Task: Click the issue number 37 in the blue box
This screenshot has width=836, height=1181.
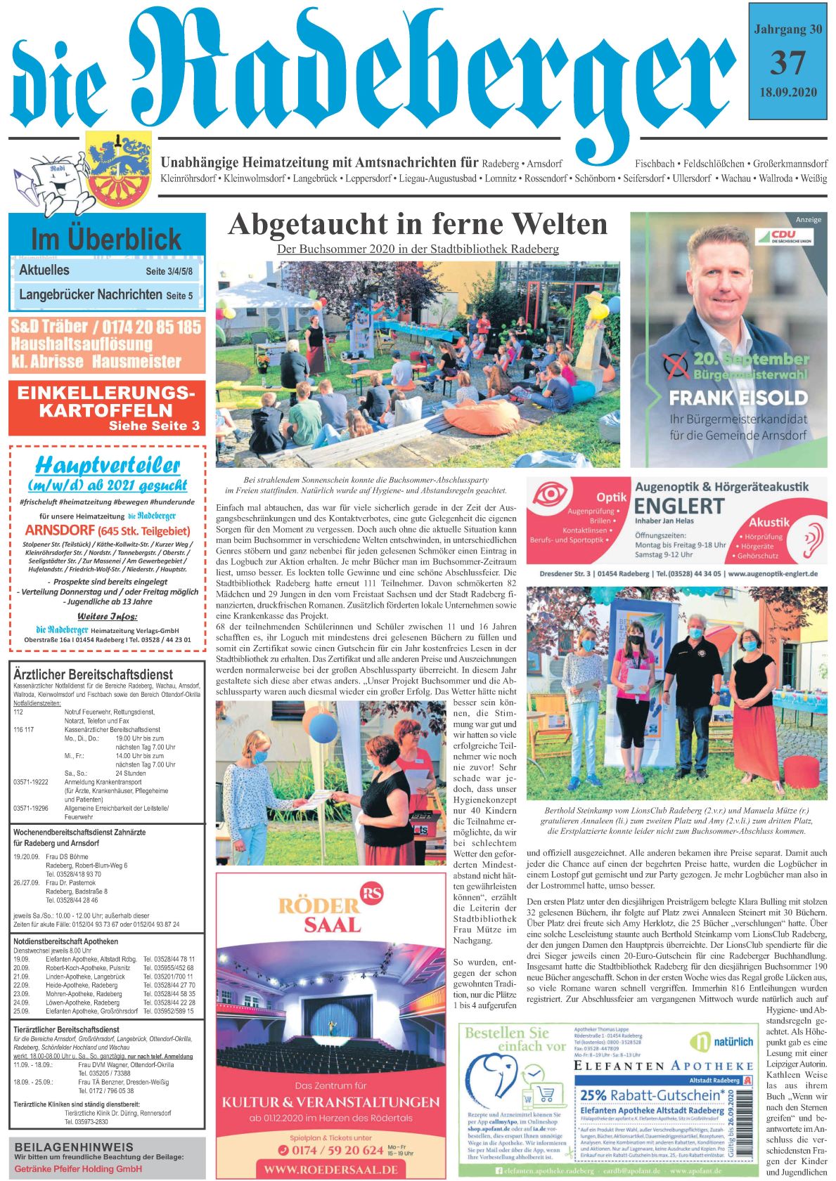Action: click(787, 64)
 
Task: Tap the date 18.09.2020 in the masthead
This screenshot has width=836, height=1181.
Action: click(787, 93)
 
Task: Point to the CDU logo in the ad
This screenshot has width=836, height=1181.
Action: click(783, 237)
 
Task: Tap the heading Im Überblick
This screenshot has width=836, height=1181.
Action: click(106, 240)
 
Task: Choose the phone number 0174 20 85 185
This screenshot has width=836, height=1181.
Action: click(152, 327)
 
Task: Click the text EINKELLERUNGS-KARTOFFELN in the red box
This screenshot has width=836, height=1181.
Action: click(106, 402)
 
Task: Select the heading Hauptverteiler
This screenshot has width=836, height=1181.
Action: click(108, 465)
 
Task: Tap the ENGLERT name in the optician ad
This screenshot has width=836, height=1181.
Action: click(679, 507)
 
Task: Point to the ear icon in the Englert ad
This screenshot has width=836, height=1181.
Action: click(812, 537)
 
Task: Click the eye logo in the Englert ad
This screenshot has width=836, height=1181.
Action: click(555, 494)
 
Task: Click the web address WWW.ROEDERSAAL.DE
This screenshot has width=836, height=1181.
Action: click(331, 1170)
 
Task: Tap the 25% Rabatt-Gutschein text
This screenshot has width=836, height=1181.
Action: click(652, 1095)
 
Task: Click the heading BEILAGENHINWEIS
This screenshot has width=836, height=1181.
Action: click(74, 1147)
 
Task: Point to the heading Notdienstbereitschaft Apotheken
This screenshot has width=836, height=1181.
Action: click(65, 941)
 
